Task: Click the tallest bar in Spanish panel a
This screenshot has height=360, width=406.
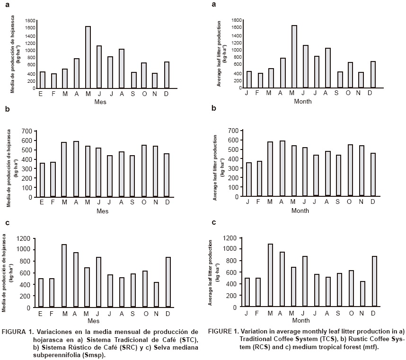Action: [88, 57]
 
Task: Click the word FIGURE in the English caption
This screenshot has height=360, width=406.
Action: [221, 330]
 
